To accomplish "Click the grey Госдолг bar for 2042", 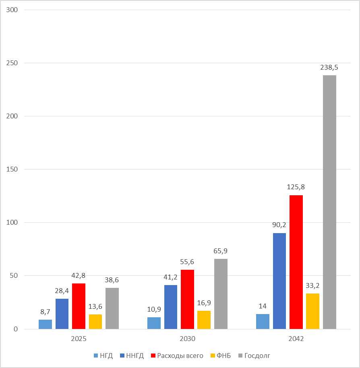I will (x=329, y=202).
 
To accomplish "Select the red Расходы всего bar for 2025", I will (x=79, y=306).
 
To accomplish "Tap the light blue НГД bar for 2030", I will (x=154, y=323).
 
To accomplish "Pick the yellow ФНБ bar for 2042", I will (x=312, y=311).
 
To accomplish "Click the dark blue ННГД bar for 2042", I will (x=279, y=281).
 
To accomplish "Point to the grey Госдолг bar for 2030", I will (x=221, y=294).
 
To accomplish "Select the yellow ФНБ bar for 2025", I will (x=95, y=322).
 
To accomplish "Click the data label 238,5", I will (x=329, y=68).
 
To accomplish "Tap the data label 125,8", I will (x=296, y=187).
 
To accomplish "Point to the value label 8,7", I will (x=45, y=312).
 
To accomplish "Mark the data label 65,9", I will (x=221, y=251).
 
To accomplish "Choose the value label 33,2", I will (x=312, y=285).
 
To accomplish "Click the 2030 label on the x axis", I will (x=187, y=339).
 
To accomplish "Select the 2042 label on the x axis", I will (x=296, y=339).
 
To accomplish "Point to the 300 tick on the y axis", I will (x=12, y=10).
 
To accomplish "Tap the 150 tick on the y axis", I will (x=12, y=169).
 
